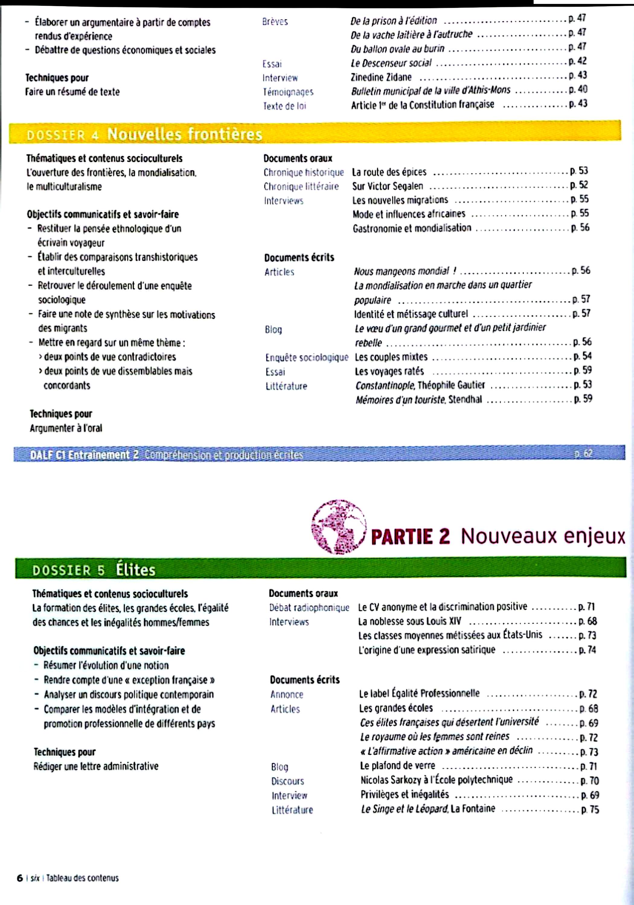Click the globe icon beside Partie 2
(x=338, y=527)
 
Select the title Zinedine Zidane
(x=381, y=77)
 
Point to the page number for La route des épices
(x=579, y=171)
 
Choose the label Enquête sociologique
(x=306, y=357)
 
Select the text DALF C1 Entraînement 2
(x=85, y=455)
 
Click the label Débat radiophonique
(x=309, y=608)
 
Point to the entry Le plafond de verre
(x=397, y=765)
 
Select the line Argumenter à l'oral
(x=66, y=428)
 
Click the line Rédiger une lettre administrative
(x=96, y=766)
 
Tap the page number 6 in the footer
(x=19, y=878)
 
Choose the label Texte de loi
(x=284, y=106)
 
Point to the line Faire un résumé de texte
(x=72, y=92)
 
